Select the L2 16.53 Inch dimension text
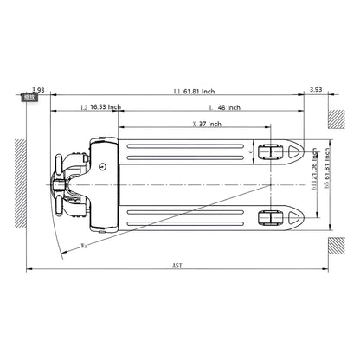[x=100, y=108]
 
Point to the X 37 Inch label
[x=205, y=125]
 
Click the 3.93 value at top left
[x=37, y=89]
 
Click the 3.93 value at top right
[x=317, y=89]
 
